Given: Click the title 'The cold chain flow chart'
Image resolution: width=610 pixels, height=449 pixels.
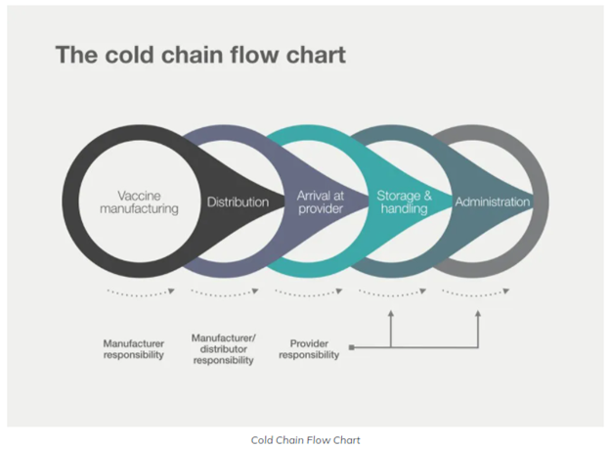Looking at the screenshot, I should [x=199, y=54].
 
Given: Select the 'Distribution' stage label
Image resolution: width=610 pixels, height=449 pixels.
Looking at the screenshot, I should [x=237, y=202].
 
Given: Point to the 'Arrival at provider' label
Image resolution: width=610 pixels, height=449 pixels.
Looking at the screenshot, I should [x=320, y=202].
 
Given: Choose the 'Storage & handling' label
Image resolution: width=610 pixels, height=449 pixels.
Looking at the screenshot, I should [x=405, y=202].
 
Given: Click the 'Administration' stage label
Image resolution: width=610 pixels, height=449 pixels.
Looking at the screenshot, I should [x=492, y=202].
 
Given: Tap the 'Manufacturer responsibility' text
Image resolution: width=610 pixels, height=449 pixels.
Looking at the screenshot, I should [x=134, y=349].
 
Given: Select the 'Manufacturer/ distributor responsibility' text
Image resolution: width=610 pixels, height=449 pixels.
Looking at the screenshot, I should [x=223, y=348].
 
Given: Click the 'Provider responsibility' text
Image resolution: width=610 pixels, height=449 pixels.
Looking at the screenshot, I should [x=309, y=349].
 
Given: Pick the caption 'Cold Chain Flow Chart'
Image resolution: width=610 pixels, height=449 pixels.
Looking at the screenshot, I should [x=305, y=440].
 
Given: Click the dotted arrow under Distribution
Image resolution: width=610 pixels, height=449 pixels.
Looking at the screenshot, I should [x=223, y=292].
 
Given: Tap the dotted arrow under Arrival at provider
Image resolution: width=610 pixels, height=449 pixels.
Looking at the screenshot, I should [x=309, y=292].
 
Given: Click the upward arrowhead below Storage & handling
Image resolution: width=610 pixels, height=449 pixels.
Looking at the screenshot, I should [x=391, y=315].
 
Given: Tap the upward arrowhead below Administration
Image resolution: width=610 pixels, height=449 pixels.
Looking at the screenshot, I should [x=478, y=315].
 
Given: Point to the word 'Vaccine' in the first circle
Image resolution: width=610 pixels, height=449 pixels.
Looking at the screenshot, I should [x=138, y=195].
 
